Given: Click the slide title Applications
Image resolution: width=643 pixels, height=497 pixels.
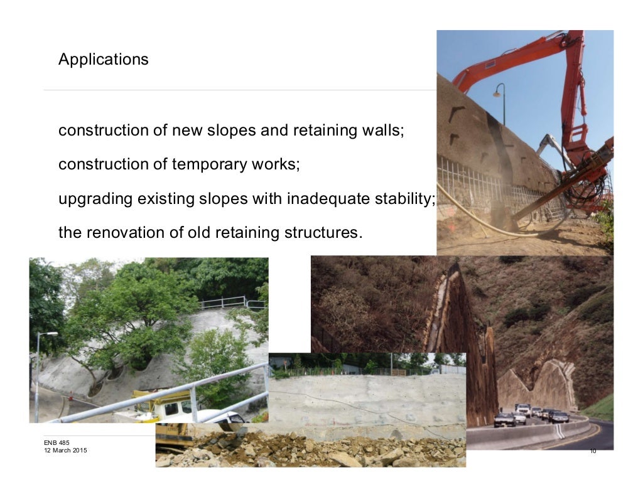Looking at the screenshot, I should pyautogui.click(x=103, y=60).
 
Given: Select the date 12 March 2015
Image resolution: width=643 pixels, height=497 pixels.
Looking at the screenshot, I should pyautogui.click(x=62, y=451).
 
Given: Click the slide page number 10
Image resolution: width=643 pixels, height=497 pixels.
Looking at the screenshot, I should pyautogui.click(x=593, y=451).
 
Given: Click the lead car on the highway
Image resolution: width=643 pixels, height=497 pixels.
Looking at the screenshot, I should pyautogui.click(x=504, y=419).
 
